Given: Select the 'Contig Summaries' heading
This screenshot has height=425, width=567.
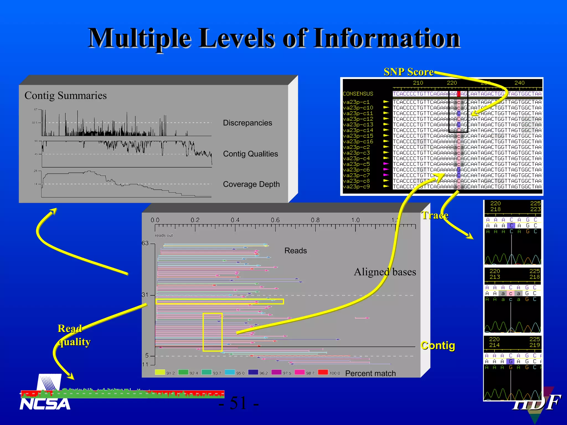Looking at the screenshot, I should pos(66,95).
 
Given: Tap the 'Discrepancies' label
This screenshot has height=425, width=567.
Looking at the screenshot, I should pos(248,123).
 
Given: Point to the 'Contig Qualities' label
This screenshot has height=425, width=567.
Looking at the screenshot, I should pos(250,154).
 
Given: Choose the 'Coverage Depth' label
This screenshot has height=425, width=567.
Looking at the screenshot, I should pos(251,184).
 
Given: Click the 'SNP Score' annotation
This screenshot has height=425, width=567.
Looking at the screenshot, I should pos(408,72).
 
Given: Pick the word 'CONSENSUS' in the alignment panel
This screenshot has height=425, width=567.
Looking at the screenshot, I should pos(358,94).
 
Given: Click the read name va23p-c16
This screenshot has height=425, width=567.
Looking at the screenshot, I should pos(358,142).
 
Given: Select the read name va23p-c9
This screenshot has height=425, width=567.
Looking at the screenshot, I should pos(356,187).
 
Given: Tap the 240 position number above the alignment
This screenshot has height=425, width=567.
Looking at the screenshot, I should pos(519,83).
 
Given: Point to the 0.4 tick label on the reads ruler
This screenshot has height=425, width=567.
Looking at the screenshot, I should pos(235,220).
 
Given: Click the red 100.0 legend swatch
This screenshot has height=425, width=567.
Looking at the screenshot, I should pos(323,372).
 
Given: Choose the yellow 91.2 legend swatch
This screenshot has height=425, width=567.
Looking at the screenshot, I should pos(160,372).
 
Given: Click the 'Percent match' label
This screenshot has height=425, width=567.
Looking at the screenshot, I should pos(370,374).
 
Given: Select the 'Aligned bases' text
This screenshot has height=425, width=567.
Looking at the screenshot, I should pos(385,272).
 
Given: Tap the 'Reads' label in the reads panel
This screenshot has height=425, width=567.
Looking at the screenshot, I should pos(296,251).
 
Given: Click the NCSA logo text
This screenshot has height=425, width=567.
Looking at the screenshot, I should pos(45,404).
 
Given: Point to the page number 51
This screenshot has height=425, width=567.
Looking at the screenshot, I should pos(238,403).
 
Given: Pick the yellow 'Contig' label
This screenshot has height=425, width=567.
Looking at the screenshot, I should pos(438,346).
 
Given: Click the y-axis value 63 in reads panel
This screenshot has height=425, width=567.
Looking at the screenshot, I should pos(145,243).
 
